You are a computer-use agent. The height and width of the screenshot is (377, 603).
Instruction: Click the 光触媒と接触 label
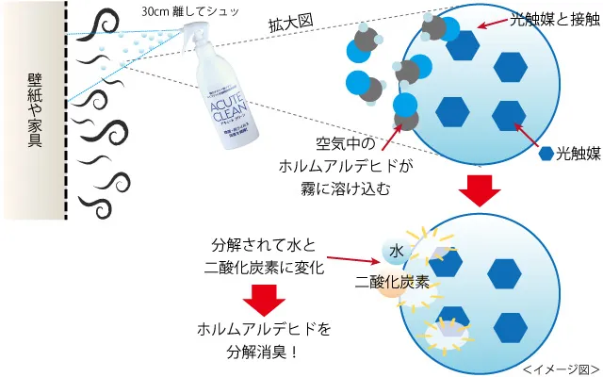pyautogui.click(x=553, y=20)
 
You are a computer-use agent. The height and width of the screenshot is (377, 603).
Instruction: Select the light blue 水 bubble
pyautogui.click(x=397, y=250)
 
